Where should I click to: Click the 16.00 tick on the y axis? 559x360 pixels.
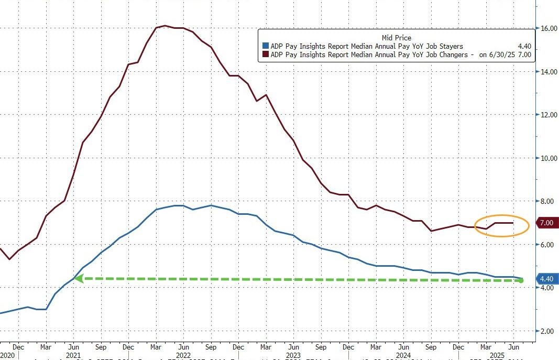pyautogui.click(x=548, y=28)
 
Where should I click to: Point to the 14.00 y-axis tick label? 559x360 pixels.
pyautogui.click(x=548, y=72)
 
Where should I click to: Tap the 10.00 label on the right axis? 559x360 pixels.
pyautogui.click(x=548, y=158)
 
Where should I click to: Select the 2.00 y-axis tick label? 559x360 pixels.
pyautogui.click(x=548, y=331)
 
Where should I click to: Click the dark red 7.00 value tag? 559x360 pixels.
pyautogui.click(x=546, y=223)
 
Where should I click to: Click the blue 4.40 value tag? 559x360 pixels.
pyautogui.click(x=546, y=279)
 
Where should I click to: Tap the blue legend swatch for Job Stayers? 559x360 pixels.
pyautogui.click(x=266, y=47)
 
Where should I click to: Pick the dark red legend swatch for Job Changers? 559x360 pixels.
pyautogui.click(x=266, y=54)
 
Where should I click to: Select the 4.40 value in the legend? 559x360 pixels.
pyautogui.click(x=524, y=47)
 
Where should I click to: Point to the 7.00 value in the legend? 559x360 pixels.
pyautogui.click(x=524, y=54)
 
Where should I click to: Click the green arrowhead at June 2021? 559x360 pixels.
pyautogui.click(x=78, y=279)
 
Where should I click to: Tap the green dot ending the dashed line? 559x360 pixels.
pyautogui.click(x=521, y=281)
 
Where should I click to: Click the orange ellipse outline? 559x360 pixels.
pyautogui.click(x=502, y=215)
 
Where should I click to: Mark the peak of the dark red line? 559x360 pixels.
pyautogui.click(x=165, y=25)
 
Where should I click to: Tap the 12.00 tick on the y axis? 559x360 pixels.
pyautogui.click(x=548, y=115)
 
